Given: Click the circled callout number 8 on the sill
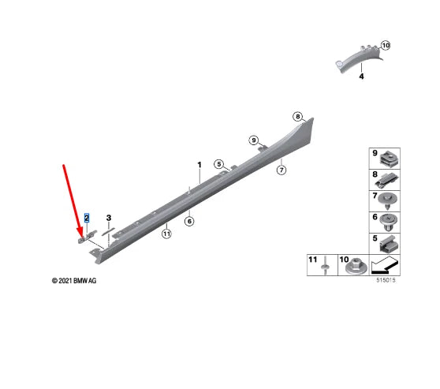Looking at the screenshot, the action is point(298,116).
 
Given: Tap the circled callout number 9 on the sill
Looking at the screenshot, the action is point(254,140).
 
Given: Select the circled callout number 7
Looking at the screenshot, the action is point(282,170).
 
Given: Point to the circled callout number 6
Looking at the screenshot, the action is point(189,221).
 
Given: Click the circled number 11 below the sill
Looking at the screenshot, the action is point(166,234).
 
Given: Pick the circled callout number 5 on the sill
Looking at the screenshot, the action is point(219,164).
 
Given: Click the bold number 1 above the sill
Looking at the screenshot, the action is point(199,165).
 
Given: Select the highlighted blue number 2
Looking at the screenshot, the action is point(87,218).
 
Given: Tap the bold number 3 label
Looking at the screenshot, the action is point(109,218).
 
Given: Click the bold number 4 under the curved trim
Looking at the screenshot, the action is point(361,76).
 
